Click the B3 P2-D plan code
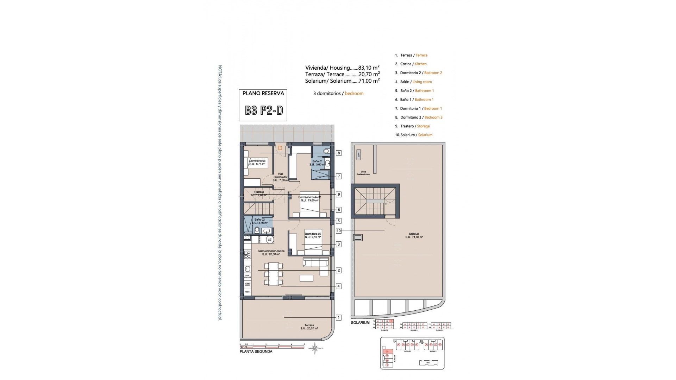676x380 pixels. tap(264, 110)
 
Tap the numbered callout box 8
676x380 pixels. tap(338, 153)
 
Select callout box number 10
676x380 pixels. tap(338, 231)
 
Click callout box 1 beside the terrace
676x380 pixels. tap(338, 317)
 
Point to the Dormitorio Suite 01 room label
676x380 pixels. tap(310, 199)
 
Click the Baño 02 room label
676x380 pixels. tap(259, 221)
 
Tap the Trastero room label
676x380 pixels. tap(259, 194)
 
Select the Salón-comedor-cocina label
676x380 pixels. tap(271, 252)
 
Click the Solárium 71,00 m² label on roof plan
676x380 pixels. tap(414, 235)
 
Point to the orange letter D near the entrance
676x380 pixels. tap(280, 148)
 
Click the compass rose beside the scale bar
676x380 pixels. tap(315, 348)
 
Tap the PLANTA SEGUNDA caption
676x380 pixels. tap(256, 351)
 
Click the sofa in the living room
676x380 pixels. tap(315, 262)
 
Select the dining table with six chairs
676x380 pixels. tap(274, 274)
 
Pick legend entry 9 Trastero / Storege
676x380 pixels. tap(412, 126)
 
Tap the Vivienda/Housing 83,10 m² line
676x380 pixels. tap(342, 68)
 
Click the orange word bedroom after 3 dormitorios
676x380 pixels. tap(354, 93)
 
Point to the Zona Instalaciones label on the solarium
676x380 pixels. tap(363, 173)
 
